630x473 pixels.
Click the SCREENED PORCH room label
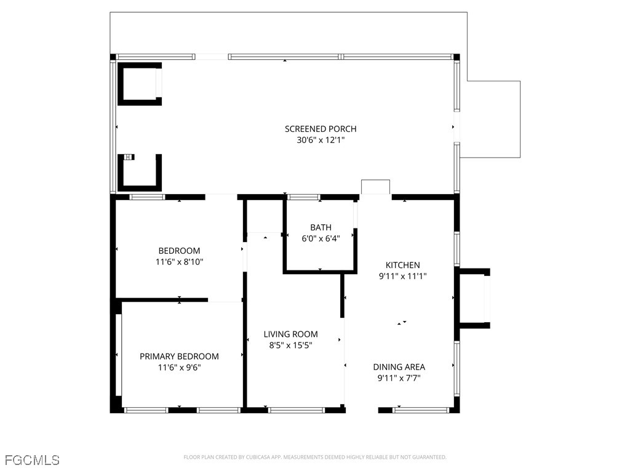coord(321,129)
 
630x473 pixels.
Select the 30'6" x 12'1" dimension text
coord(321,140)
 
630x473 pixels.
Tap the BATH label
coord(321,228)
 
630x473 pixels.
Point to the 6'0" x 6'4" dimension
coord(321,238)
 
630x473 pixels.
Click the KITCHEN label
coord(402,265)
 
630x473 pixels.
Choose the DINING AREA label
coord(399,367)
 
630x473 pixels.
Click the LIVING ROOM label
coord(290,334)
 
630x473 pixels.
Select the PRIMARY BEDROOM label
coord(179,357)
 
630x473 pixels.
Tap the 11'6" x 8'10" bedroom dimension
coord(179,262)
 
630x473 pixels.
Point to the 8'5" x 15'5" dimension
coord(290,345)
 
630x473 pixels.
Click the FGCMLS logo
coord(32,459)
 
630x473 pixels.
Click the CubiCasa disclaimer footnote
coord(315,457)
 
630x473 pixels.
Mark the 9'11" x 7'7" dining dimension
coord(399,378)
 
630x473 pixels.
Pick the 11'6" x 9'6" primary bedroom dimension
coord(179,367)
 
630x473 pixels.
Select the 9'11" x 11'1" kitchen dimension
coord(402,276)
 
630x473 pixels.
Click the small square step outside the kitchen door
coord(376,187)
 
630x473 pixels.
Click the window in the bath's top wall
coord(303,197)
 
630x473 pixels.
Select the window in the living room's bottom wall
coord(297,410)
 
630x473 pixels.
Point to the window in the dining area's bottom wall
coord(421,410)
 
